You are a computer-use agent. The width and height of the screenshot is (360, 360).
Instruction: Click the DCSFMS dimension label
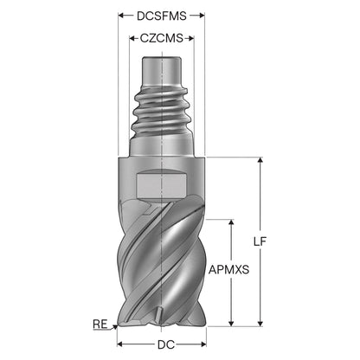click(x=162, y=16)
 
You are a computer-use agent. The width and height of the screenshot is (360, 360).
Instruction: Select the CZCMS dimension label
click(x=162, y=38)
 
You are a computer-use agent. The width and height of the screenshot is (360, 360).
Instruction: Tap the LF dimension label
click(x=260, y=241)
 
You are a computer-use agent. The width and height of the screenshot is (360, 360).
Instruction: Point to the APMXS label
click(x=228, y=270)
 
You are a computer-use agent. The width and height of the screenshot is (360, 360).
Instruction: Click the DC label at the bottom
click(x=166, y=344)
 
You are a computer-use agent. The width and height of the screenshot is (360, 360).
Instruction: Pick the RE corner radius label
click(x=100, y=325)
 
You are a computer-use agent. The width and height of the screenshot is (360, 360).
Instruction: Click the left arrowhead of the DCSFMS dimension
click(x=121, y=16)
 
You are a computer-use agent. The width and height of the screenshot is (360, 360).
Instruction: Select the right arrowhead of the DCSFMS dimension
click(x=202, y=16)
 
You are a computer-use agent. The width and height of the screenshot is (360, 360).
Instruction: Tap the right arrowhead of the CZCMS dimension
click(x=190, y=38)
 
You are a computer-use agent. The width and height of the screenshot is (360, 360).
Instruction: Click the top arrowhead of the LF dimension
click(x=260, y=160)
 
